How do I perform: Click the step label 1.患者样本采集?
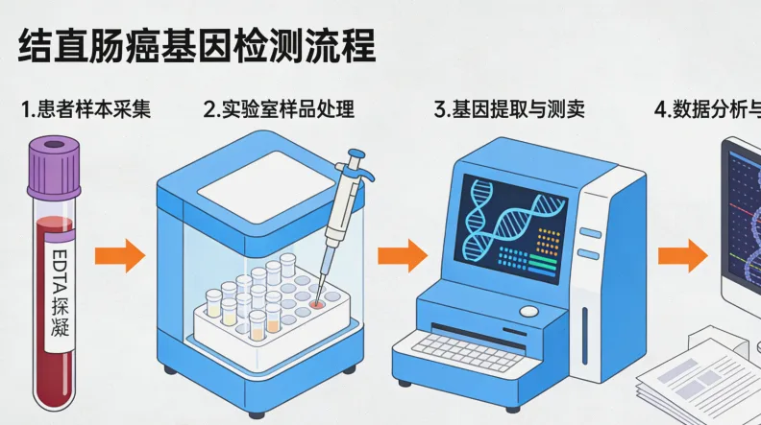tap(86, 109)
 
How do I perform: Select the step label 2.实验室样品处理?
tap(279, 109)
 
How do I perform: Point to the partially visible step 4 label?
tap(706, 109)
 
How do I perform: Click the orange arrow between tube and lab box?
tap(119, 256)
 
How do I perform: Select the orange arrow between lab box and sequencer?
tap(402, 256)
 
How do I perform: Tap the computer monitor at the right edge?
tap(742, 221)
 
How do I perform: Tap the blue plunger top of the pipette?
tap(356, 153)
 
